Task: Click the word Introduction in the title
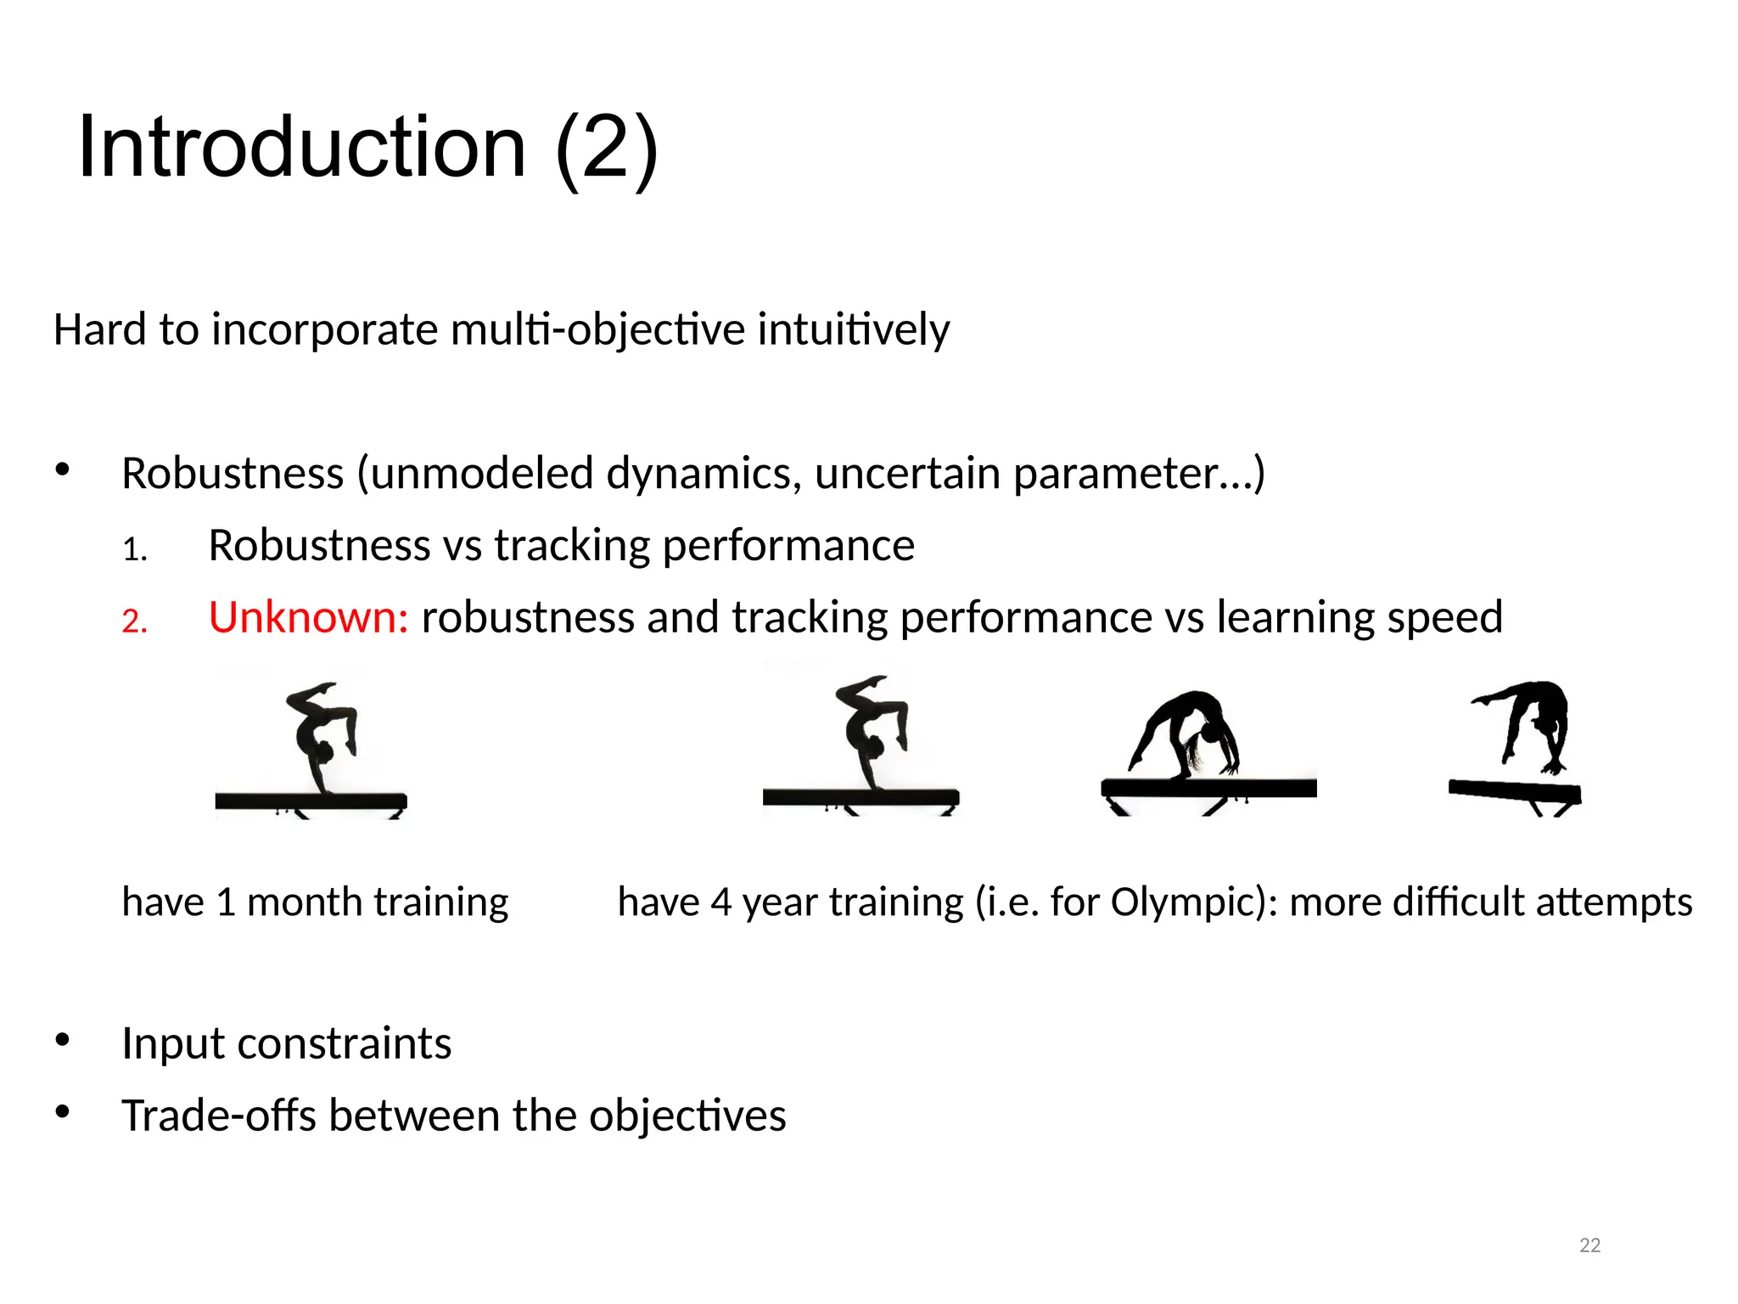tap(301, 148)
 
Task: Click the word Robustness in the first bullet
tap(233, 473)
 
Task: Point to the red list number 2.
tap(134, 621)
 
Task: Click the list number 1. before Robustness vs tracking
tap(134, 550)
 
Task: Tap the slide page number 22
tap(1589, 1245)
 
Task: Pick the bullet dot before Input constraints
tap(62, 1041)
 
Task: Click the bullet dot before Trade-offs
tap(62, 1112)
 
